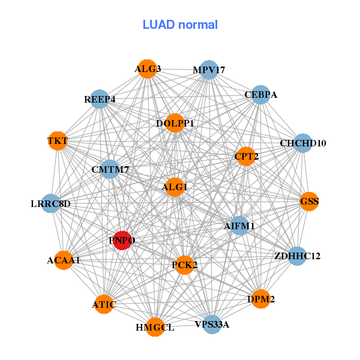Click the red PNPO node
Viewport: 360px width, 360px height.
[x=122, y=241]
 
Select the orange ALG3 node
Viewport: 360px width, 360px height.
[x=147, y=69]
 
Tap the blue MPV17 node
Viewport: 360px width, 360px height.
[x=208, y=70]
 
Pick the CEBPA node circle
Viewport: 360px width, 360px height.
[x=260, y=95]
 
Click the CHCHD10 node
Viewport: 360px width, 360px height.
[x=302, y=143]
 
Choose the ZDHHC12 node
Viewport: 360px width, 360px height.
[x=296, y=256]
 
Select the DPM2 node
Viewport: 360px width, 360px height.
[x=260, y=299]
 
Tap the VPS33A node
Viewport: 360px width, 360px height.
[x=212, y=325]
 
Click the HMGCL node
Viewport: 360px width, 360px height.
[x=155, y=327]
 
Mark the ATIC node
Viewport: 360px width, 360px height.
[x=104, y=304]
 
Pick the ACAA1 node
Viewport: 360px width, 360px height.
[x=64, y=260]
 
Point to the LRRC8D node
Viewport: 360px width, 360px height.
[x=51, y=203]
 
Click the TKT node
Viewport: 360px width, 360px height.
[x=58, y=141]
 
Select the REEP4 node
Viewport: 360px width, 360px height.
[x=100, y=99]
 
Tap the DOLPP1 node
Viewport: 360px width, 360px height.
[x=175, y=124]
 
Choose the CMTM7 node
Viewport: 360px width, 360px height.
[x=110, y=170]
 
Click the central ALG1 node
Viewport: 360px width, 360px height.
[x=174, y=187]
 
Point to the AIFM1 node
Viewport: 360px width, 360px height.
[x=239, y=226]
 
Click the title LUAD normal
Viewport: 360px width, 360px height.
[x=180, y=25]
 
